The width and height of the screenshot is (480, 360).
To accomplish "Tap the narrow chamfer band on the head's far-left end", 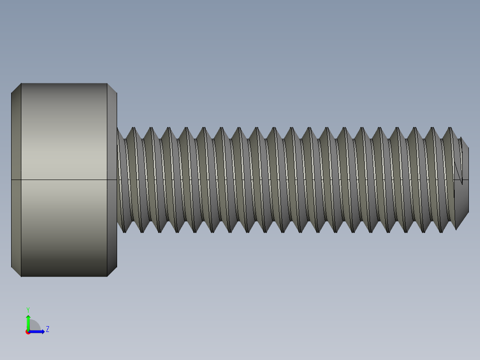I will click(x=16, y=180).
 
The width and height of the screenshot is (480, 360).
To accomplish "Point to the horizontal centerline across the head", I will click(x=64, y=180).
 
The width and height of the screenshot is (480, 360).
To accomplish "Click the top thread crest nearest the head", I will click(x=133, y=129).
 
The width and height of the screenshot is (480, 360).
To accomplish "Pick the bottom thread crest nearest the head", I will click(x=125, y=230).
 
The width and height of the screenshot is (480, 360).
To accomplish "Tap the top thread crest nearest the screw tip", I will click(x=451, y=129).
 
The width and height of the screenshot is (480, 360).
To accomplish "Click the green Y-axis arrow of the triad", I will click(x=28, y=322).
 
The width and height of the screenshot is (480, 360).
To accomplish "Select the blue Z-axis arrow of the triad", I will click(x=38, y=331).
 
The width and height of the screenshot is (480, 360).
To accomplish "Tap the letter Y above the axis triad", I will click(x=28, y=310).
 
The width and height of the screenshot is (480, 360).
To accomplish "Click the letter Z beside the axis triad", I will click(x=47, y=330).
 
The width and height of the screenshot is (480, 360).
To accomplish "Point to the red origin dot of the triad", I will click(x=28, y=332).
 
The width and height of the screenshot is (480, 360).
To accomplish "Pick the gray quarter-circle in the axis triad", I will click(x=34, y=326).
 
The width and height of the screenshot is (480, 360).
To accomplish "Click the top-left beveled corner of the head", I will click(x=16, y=88).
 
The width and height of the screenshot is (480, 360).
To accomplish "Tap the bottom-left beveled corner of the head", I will click(x=16, y=272).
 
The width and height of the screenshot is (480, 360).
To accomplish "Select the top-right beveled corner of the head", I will click(x=112, y=88).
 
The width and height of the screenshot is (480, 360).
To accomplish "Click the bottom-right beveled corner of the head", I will click(x=112, y=272).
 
